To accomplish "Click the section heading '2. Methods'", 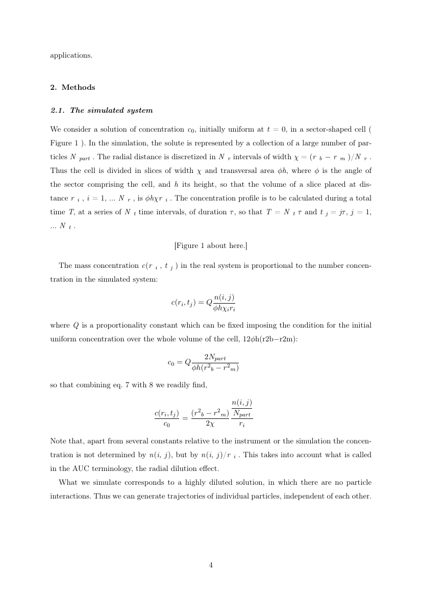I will click(72, 87).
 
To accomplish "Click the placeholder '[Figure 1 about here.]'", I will click(211, 245).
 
